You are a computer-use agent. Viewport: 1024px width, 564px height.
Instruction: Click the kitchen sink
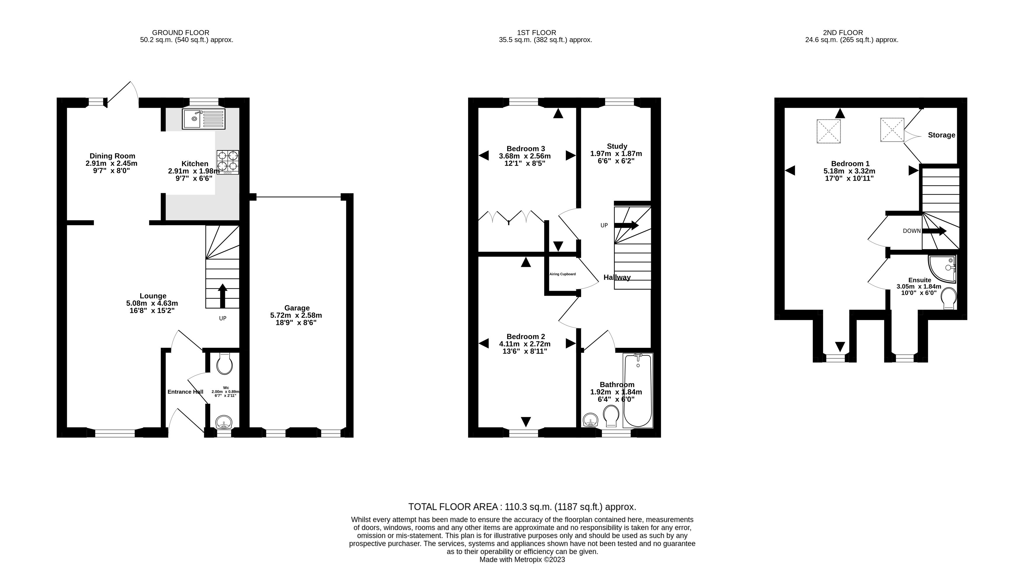coord(204,119)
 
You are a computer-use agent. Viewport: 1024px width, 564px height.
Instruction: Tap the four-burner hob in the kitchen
coord(228,162)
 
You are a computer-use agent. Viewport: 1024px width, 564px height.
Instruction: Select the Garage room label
coord(297,308)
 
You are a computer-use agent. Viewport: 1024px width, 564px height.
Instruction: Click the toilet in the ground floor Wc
coord(224,364)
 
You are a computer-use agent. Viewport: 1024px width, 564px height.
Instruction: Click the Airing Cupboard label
coord(562,274)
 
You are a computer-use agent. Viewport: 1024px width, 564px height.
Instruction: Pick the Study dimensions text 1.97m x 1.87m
coord(616,153)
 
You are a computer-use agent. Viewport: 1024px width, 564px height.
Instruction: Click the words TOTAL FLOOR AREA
coord(453,507)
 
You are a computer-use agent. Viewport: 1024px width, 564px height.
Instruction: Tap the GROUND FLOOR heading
coord(180,33)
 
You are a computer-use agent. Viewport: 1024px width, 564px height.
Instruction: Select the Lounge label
coord(153,296)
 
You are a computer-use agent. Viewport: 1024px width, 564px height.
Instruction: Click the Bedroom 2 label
coord(526,336)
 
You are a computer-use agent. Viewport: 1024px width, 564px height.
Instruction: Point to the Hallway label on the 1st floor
coord(617,277)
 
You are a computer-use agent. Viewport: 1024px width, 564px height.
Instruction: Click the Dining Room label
coord(112,156)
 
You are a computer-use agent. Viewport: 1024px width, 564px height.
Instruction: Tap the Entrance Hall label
coord(185,392)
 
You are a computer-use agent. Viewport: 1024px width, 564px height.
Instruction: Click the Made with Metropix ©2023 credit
coord(522,559)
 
